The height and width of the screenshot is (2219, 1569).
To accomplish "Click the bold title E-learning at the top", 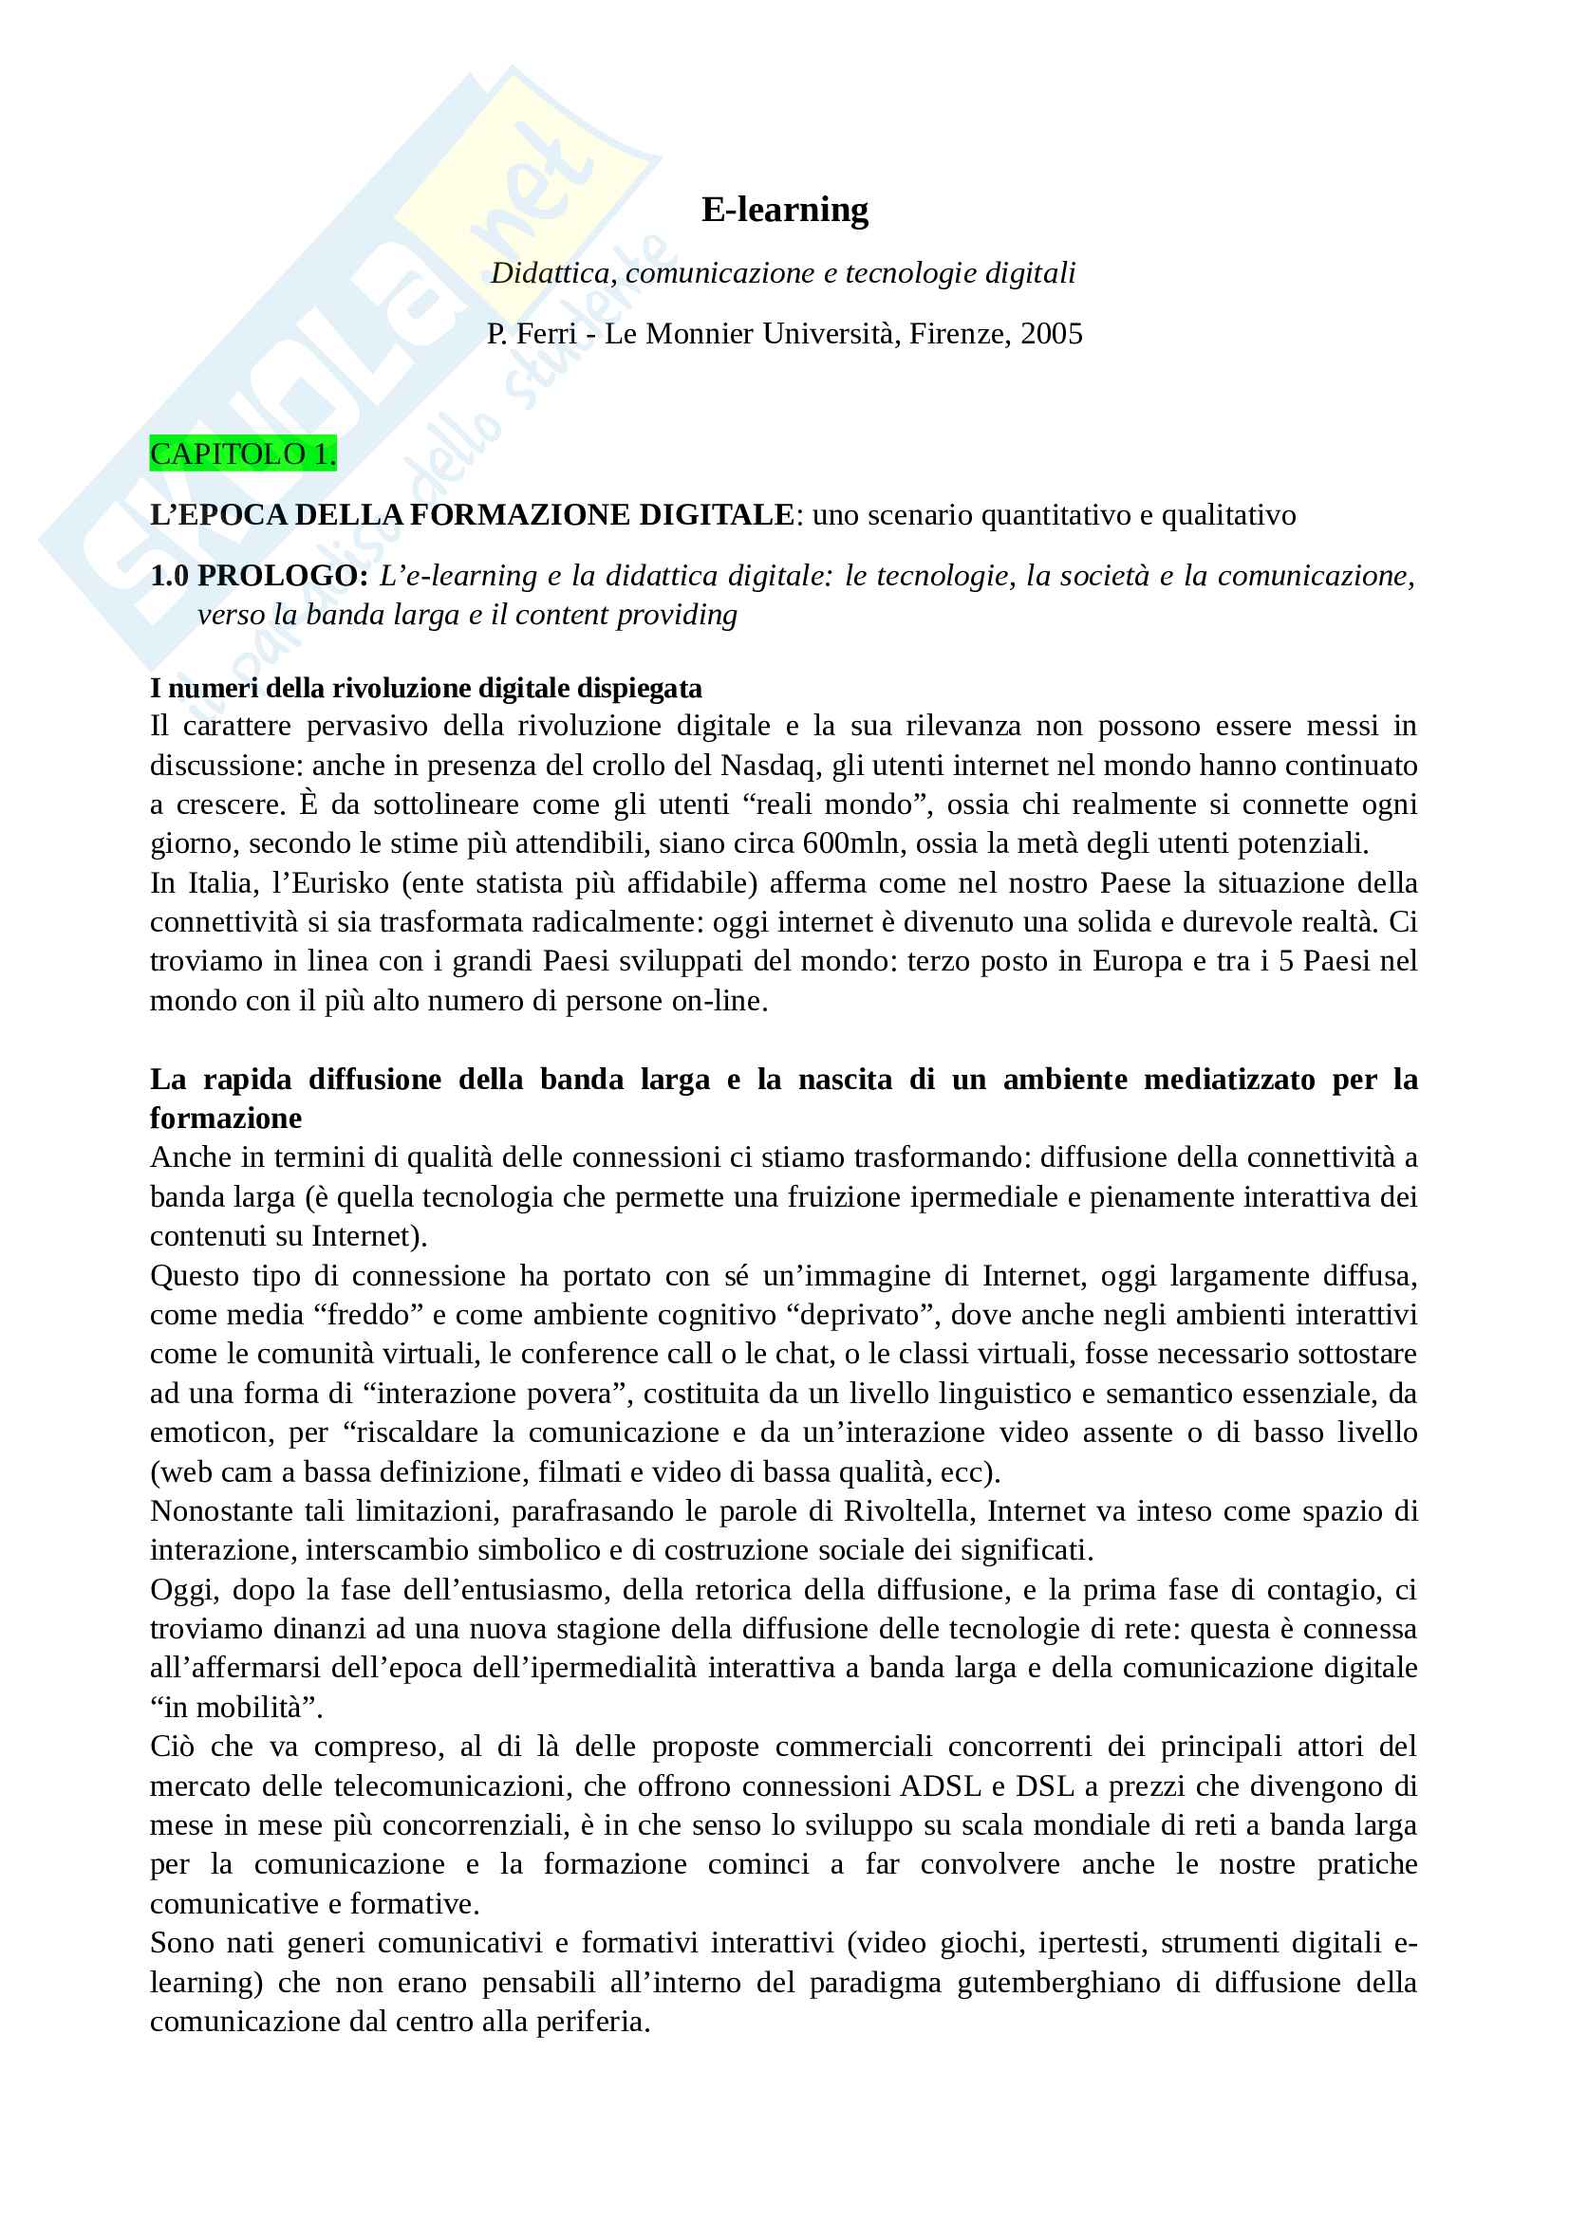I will pyautogui.click(x=784, y=210).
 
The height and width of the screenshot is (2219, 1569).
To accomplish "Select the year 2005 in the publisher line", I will pyautogui.click(x=1051, y=333).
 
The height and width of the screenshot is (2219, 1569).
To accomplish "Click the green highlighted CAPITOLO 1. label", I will pyautogui.click(x=243, y=453).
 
